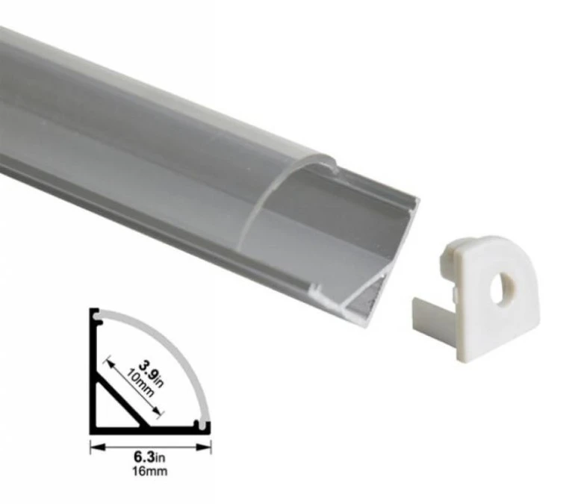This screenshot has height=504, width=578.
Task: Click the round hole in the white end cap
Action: point(503,288)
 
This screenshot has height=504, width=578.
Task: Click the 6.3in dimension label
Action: point(149,457)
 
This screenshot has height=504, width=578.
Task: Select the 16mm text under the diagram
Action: point(150,471)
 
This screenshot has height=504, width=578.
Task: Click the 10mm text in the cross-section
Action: point(140,383)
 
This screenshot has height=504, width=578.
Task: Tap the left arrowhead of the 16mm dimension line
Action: point(98,447)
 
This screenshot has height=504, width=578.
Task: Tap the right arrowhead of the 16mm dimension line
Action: point(203,447)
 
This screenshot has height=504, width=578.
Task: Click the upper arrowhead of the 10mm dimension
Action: point(109,362)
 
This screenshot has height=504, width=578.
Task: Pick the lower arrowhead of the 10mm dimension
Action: point(158,412)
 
